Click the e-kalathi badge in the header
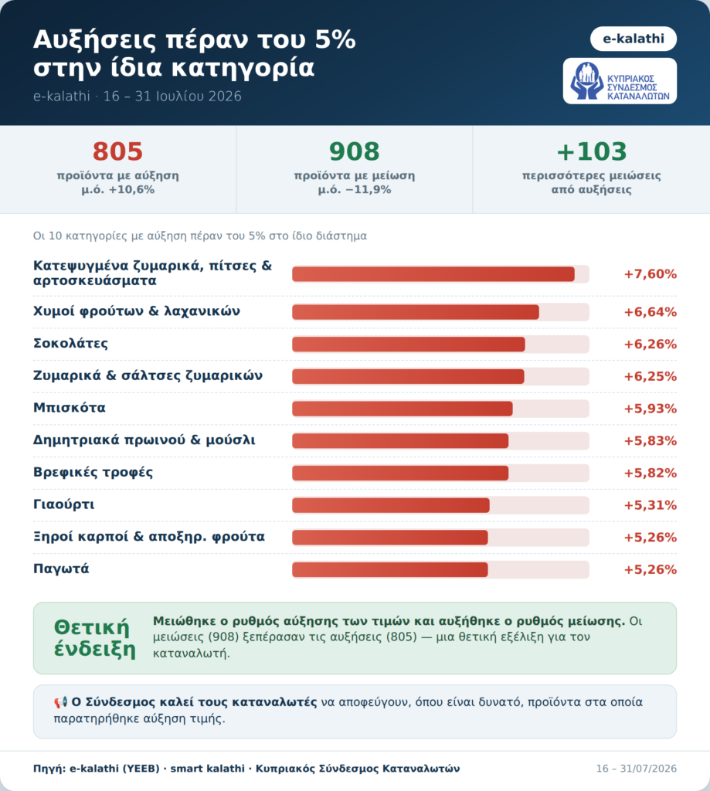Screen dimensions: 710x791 [x=634, y=39]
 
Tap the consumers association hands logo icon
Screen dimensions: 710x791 [x=586, y=80]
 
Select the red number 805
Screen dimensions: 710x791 [x=117, y=151]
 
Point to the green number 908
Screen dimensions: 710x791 [x=355, y=151]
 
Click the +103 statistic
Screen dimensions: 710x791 [x=592, y=151]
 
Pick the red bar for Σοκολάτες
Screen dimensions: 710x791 [x=408, y=344]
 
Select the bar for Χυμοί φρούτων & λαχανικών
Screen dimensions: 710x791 [x=416, y=312]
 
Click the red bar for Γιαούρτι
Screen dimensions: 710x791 [x=391, y=505]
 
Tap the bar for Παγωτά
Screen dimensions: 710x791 [x=390, y=569]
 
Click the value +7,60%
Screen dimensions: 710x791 [x=650, y=274]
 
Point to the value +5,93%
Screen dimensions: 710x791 [x=650, y=409]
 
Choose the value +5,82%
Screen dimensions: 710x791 [x=650, y=474]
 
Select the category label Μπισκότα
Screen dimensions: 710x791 [x=69, y=408]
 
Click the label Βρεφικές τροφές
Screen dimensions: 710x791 [x=93, y=473]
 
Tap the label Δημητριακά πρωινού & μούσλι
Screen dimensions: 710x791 [x=144, y=440]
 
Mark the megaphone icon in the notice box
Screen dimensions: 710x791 [x=60, y=702]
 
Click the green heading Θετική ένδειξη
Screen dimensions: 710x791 [x=95, y=638]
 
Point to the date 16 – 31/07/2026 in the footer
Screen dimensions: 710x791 [x=637, y=769]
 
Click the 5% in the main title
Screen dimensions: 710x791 [x=335, y=40]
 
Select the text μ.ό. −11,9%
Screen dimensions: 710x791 [x=355, y=190]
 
